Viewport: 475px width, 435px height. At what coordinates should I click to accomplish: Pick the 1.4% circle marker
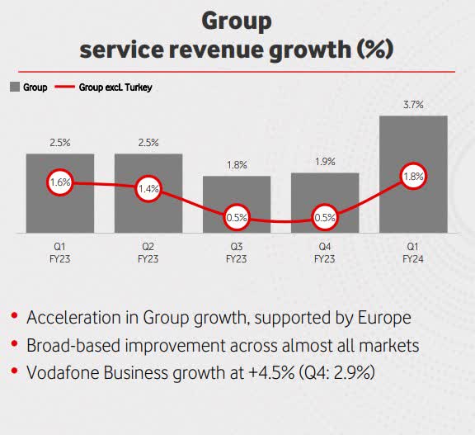pos(148,189)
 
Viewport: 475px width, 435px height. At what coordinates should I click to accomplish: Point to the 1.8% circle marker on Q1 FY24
pos(413,176)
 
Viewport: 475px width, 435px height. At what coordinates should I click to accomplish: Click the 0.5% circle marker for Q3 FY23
pos(237,219)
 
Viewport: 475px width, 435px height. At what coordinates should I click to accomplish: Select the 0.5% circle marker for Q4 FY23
pos(325,219)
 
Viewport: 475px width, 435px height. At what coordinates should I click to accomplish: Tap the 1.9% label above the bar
pos(325,161)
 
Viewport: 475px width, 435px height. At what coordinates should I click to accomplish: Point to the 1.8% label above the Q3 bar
pos(237,164)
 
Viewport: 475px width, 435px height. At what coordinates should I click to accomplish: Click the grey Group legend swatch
pos(15,87)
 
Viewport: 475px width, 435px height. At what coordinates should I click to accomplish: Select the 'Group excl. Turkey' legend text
pos(116,87)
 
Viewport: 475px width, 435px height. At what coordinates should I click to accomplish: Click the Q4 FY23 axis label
pos(325,252)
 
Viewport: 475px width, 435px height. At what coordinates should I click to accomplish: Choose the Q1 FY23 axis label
pos(60,252)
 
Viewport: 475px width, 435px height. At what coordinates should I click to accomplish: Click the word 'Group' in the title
pos(237,20)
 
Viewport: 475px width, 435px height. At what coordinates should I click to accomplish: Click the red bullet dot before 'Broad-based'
pos(14,346)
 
